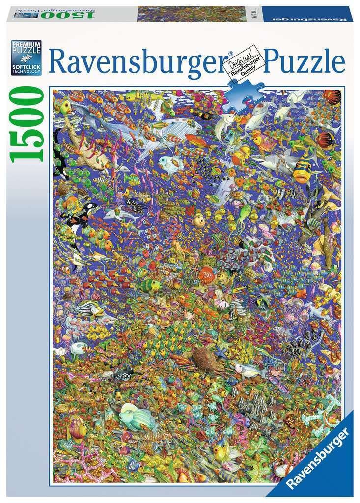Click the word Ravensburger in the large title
point(140,63)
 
